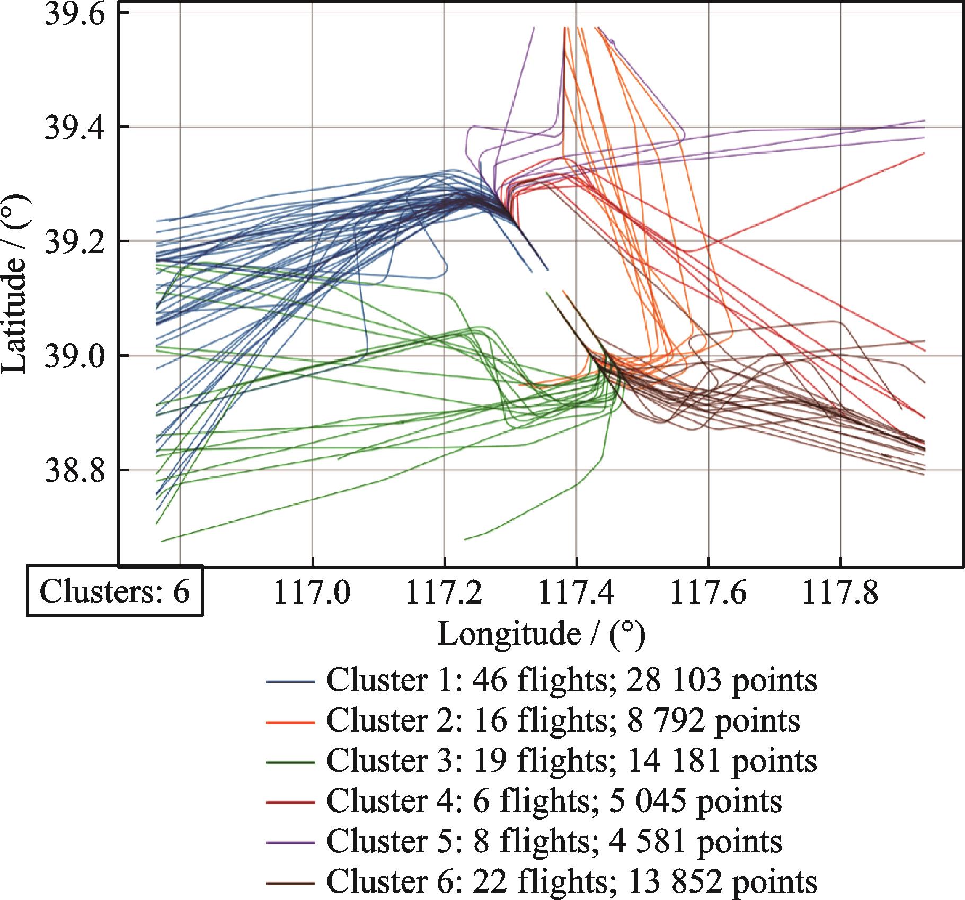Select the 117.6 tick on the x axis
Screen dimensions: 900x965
(709, 594)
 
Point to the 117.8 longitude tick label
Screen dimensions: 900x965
(840, 594)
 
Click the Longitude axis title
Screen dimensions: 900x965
(541, 634)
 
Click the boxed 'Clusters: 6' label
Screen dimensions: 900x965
(114, 592)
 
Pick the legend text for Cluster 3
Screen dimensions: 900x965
(571, 761)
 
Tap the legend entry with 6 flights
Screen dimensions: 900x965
(554, 802)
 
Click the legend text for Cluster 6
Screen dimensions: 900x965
(571, 881)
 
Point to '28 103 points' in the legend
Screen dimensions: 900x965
(721, 681)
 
